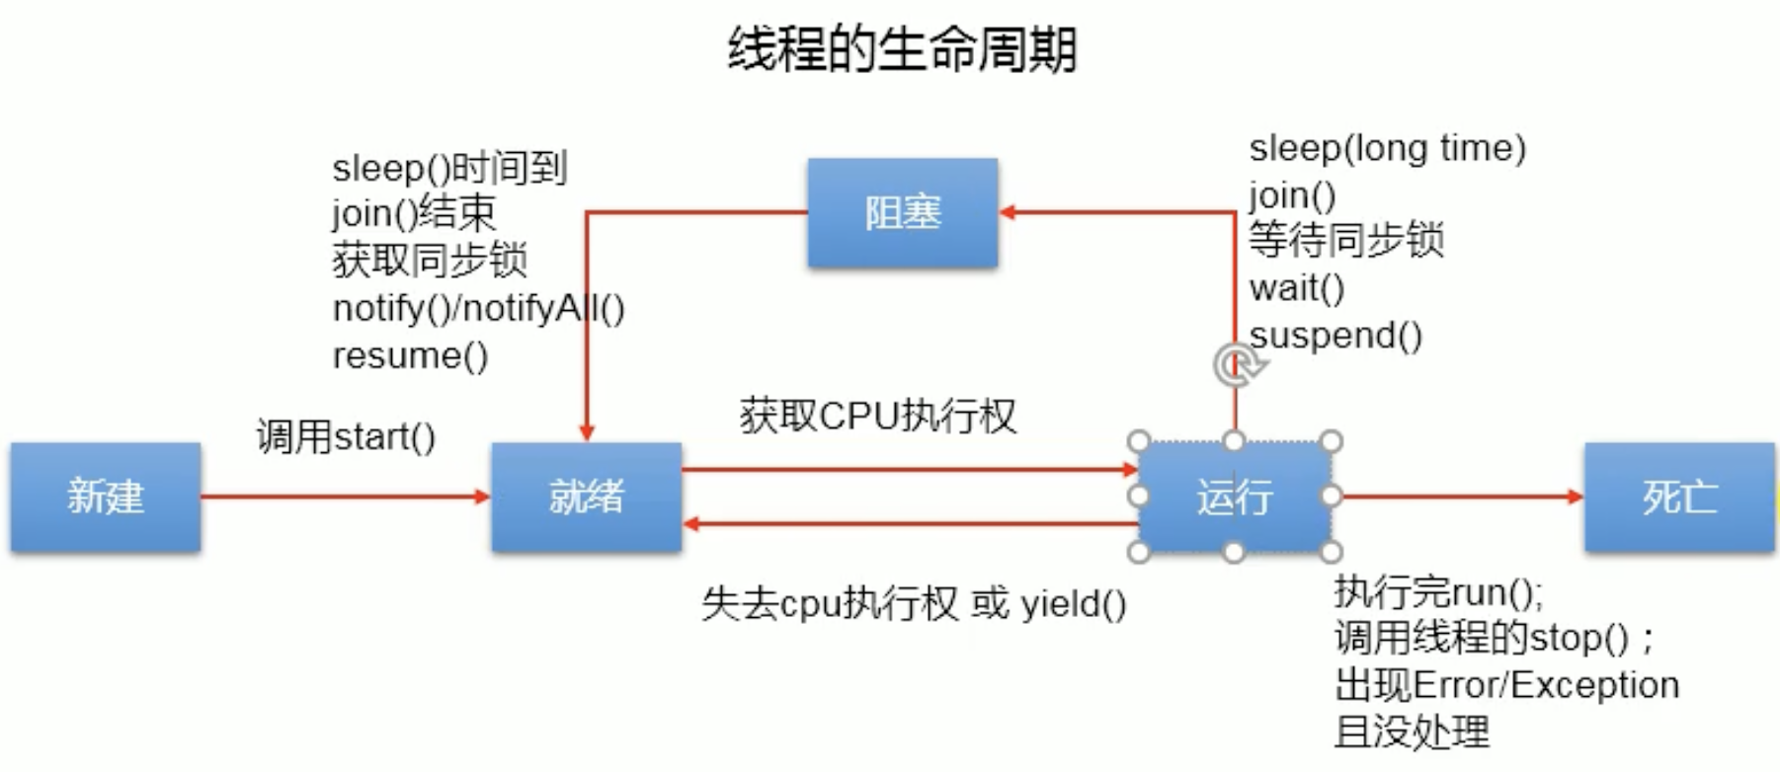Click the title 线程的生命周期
tap(901, 49)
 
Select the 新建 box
tap(106, 497)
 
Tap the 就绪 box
tap(586, 497)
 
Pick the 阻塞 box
tap(902, 212)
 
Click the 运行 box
tap(1234, 497)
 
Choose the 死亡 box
tap(1679, 497)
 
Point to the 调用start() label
tap(346, 436)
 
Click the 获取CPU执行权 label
tap(877, 416)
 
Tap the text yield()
tap(1073, 603)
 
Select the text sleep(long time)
tap(1387, 148)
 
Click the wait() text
tap(1296, 288)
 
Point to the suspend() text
tap(1335, 336)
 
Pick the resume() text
tap(410, 355)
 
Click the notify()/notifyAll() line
tap(478, 309)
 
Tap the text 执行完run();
tap(1438, 592)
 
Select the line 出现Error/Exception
tap(1506, 685)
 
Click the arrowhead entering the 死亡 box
tap(1576, 497)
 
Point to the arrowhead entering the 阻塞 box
tap(1009, 212)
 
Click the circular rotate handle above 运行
tap(1236, 365)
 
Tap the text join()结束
tap(414, 213)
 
